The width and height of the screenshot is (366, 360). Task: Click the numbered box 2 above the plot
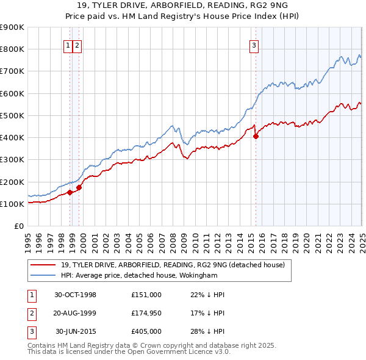click(78, 45)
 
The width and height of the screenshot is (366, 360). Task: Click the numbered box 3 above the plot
click(254, 45)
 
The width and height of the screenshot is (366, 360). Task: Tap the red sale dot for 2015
click(256, 137)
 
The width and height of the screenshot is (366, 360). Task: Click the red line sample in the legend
click(43, 265)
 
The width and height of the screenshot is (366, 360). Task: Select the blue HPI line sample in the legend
click(43, 275)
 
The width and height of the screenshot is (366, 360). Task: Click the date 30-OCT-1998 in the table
click(76, 295)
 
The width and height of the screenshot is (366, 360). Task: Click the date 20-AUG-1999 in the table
click(76, 313)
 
